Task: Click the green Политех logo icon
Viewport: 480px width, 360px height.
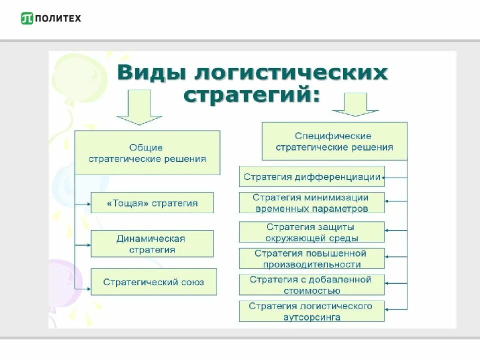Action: coord(27,18)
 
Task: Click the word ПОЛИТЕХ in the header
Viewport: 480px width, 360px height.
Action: coord(58,18)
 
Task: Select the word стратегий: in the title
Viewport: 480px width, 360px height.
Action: coord(251,94)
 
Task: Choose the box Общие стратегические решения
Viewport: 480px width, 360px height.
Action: coord(147,153)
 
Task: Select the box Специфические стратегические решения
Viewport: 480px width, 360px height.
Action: coord(334,141)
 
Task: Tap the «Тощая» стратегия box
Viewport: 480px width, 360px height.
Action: coord(152,203)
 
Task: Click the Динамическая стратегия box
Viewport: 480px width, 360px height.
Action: coord(152,243)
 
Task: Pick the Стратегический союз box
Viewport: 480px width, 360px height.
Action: coord(153,282)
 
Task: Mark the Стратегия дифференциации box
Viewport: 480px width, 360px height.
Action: coord(311,176)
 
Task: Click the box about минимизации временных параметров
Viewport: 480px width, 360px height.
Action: coord(311,203)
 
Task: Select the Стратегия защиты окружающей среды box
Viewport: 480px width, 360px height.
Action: coord(311,232)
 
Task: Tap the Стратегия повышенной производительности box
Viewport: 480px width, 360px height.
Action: coord(311,259)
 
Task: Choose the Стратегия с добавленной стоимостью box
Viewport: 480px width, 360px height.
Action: coord(311,285)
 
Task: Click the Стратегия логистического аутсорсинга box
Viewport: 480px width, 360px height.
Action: coord(311,311)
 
